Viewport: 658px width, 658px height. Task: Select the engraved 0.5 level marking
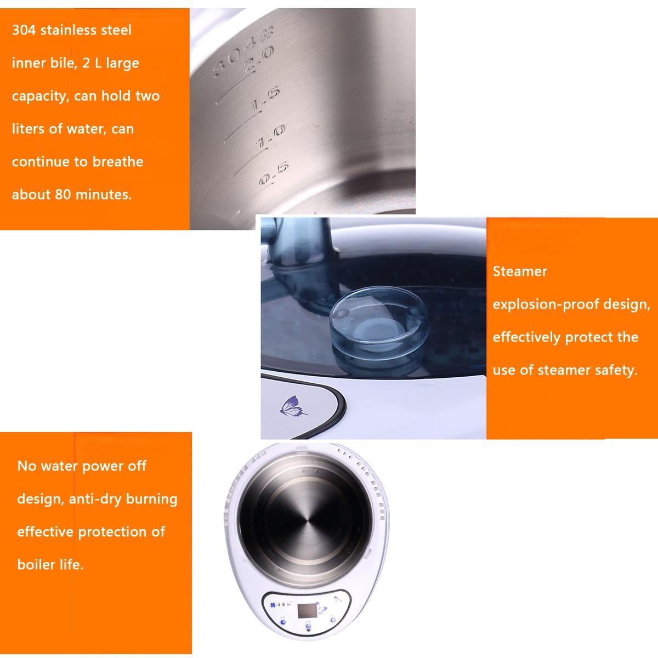pyautogui.click(x=274, y=174)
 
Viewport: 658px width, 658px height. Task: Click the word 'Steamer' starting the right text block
pyautogui.click(x=520, y=271)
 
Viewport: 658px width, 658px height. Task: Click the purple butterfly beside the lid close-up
pyautogui.click(x=293, y=406)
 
